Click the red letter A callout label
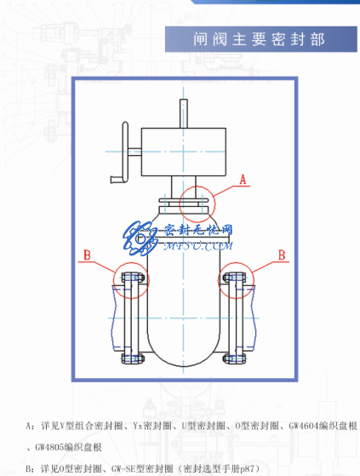point(243,180)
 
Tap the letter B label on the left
point(87,254)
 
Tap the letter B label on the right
point(282,254)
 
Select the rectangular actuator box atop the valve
point(183,149)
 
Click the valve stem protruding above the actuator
point(183,112)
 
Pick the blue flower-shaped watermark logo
point(136,236)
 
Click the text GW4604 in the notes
point(305,424)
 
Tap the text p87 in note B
point(248,467)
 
